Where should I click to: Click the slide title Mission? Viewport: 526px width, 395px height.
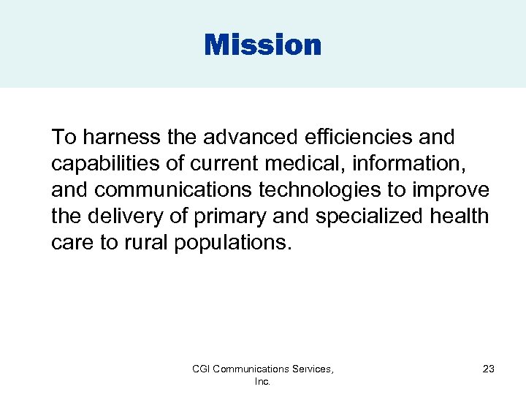(263, 45)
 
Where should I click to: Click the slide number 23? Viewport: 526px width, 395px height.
(489, 369)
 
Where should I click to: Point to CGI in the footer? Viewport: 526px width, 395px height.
(202, 369)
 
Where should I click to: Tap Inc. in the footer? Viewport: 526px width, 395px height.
(263, 382)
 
